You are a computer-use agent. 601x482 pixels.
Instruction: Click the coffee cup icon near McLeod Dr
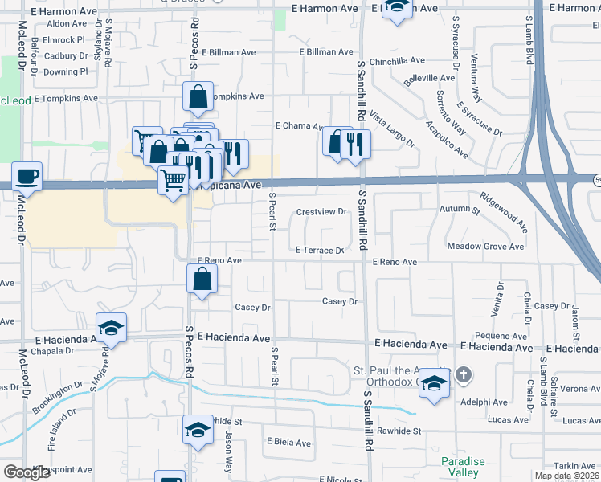[x=27, y=177]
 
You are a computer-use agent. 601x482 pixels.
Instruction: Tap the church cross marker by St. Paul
[x=463, y=374]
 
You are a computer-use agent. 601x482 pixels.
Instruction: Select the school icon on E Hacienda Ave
[x=112, y=328]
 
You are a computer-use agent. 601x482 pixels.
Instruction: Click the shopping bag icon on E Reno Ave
[x=202, y=280]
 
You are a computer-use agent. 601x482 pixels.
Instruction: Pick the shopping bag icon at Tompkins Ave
[x=198, y=97]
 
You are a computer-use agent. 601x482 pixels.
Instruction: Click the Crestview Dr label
[x=321, y=212]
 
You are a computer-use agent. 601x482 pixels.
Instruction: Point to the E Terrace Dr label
[x=320, y=251]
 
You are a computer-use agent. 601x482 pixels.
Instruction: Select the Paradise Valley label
[x=463, y=467]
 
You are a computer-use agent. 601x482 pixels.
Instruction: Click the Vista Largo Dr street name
[x=391, y=130]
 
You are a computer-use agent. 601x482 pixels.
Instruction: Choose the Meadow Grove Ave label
[x=485, y=247]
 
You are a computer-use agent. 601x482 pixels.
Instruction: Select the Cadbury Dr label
[x=66, y=56]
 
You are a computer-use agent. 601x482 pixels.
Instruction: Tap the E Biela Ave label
[x=288, y=443]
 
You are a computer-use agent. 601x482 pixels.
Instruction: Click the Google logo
[x=27, y=472]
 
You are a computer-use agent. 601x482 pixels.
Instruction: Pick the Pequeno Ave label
[x=500, y=336]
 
